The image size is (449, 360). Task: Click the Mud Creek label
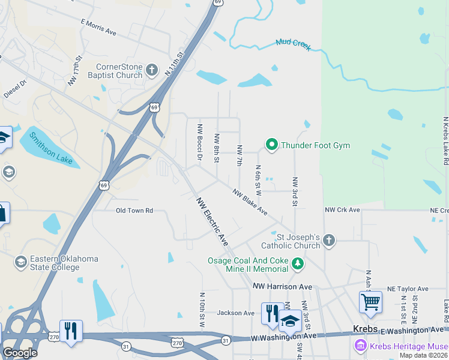pyautogui.click(x=294, y=44)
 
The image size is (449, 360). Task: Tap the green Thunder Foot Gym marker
pyautogui.click(x=271, y=145)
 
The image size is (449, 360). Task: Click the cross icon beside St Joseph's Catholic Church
pyautogui.click(x=328, y=241)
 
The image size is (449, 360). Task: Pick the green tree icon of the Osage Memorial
pyautogui.click(x=297, y=264)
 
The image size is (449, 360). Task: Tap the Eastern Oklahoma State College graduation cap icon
pyautogui.click(x=22, y=262)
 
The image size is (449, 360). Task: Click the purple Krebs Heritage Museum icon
pyautogui.click(x=360, y=346)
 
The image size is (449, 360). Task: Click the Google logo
pyautogui.click(x=19, y=353)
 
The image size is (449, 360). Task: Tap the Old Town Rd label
pyautogui.click(x=134, y=211)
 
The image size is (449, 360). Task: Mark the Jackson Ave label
pyautogui.click(x=236, y=313)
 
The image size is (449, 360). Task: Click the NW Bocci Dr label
pyautogui.click(x=200, y=142)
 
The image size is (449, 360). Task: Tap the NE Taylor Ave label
pyautogui.click(x=408, y=289)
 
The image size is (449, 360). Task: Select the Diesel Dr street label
pyautogui.click(x=16, y=89)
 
